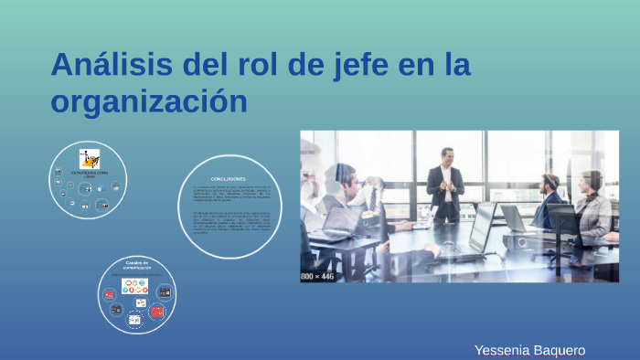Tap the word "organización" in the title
(149, 101)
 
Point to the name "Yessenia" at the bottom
(501, 350)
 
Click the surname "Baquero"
(558, 350)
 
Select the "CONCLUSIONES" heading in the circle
(228, 178)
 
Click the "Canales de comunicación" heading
(137, 265)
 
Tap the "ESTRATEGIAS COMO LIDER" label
(89, 173)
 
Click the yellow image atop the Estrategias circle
(89, 158)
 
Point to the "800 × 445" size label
(318, 275)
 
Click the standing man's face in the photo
(447, 156)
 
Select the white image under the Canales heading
(135, 285)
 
